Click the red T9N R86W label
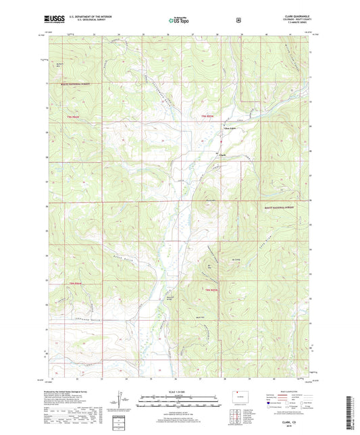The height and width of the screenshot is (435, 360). click(x=73, y=283)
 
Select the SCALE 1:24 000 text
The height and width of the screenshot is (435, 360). click(x=179, y=391)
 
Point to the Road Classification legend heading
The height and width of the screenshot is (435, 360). click(x=297, y=390)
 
